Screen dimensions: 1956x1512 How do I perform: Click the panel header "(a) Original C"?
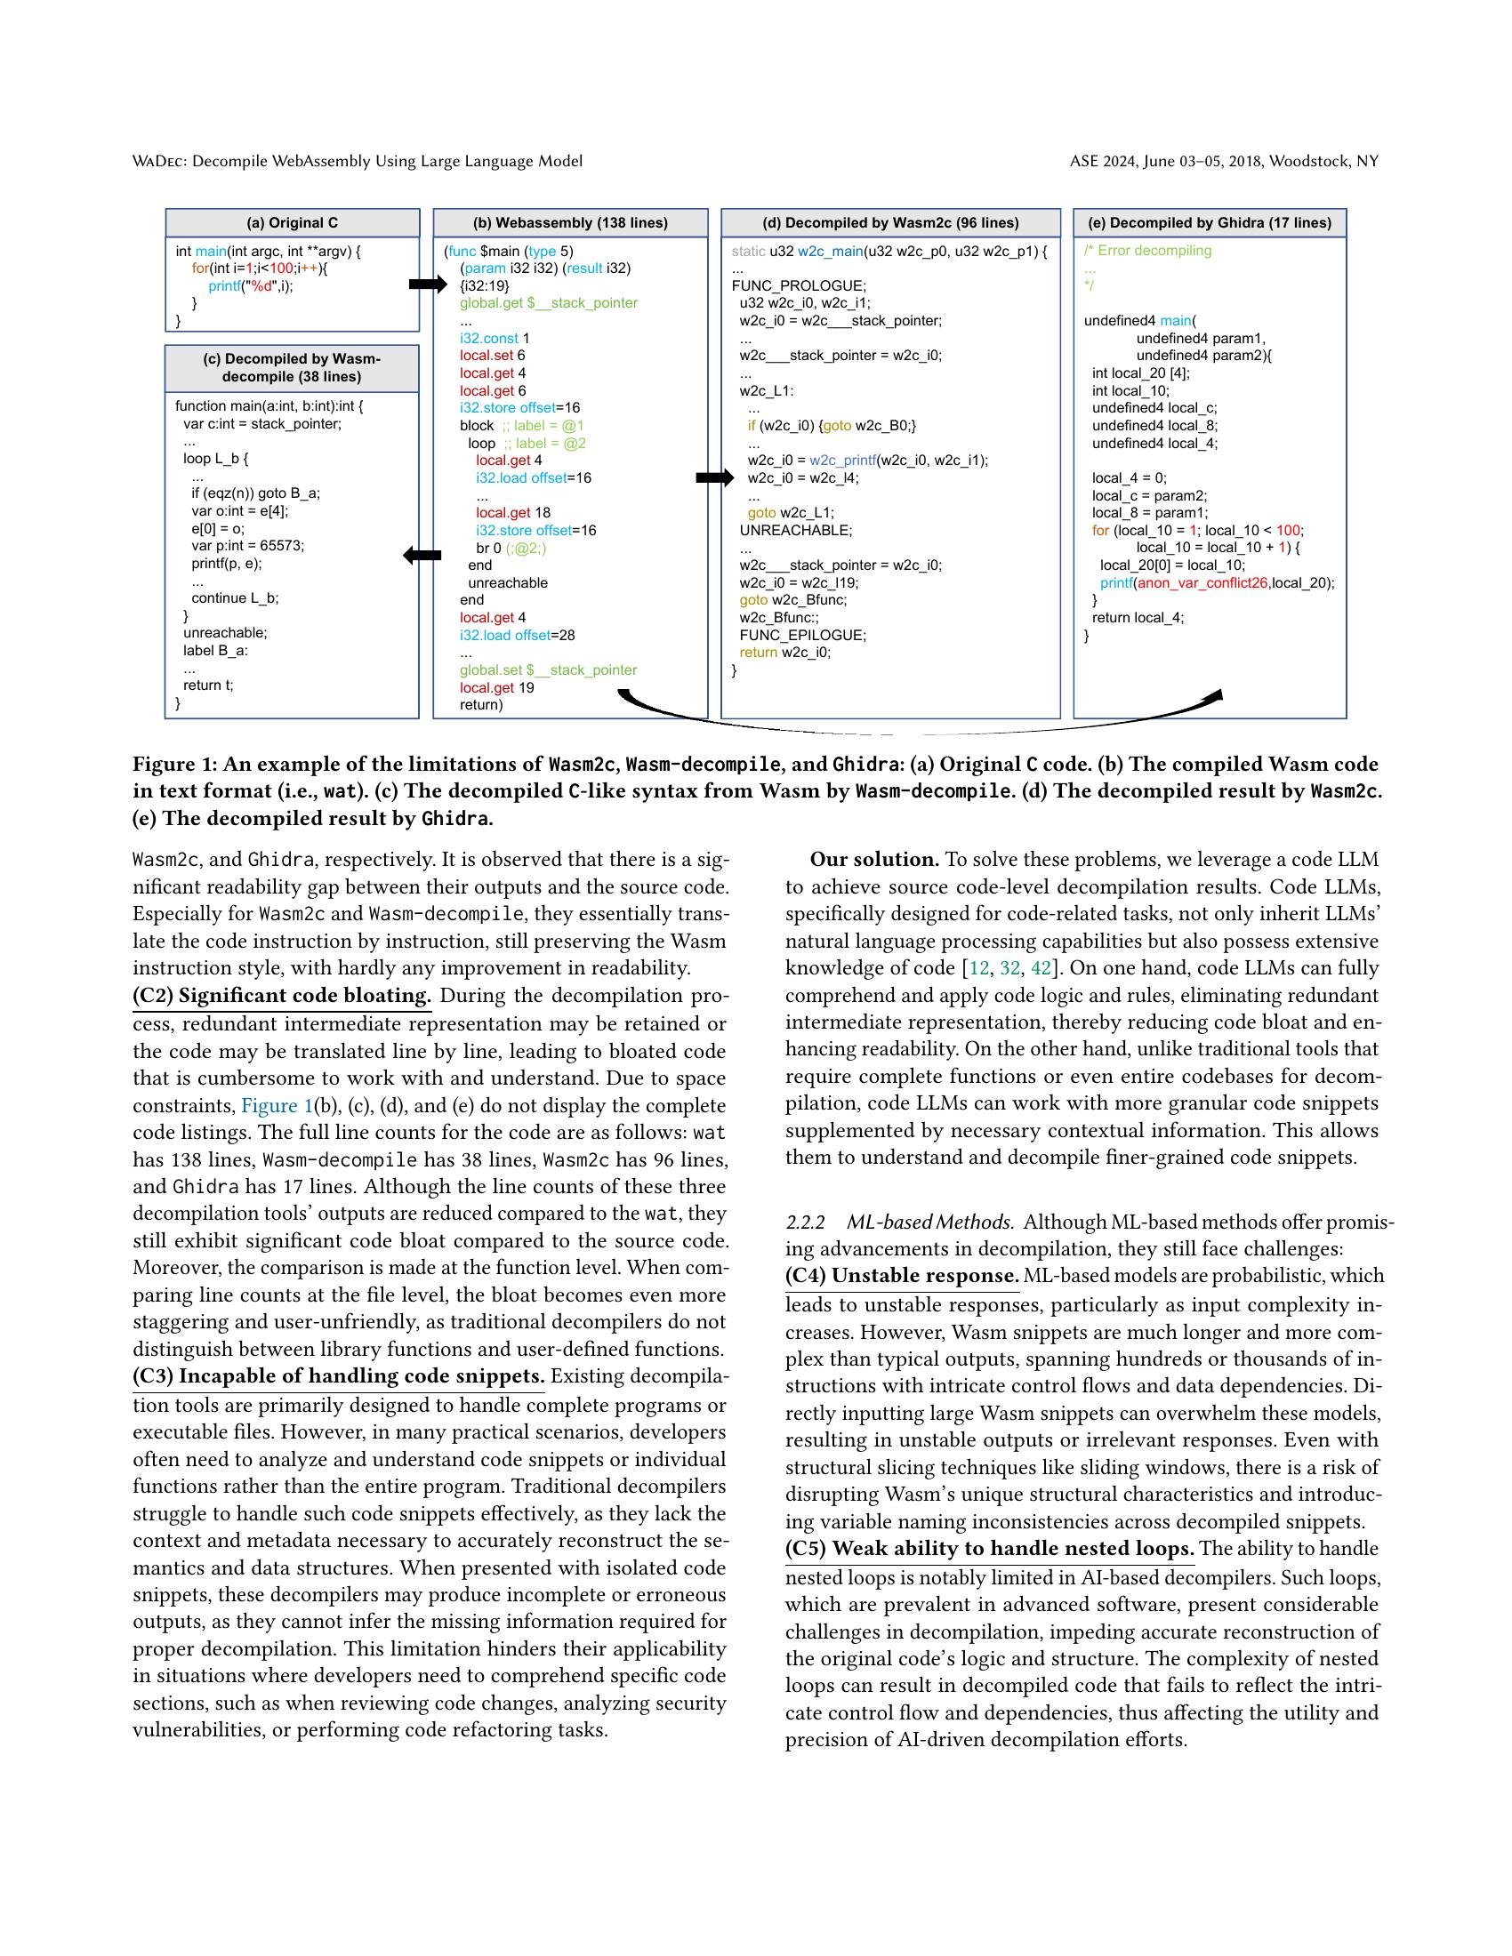click(x=292, y=223)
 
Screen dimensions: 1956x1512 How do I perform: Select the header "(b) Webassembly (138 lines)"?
click(x=570, y=223)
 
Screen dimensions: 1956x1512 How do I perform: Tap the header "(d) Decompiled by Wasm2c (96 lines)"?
click(x=890, y=223)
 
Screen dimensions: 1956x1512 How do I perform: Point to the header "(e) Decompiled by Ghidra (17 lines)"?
click(x=1210, y=223)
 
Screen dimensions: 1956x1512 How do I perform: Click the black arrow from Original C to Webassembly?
click(x=427, y=285)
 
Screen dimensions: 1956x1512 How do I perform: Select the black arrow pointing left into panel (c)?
click(x=422, y=556)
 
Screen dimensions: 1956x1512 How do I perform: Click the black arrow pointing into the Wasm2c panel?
click(x=715, y=478)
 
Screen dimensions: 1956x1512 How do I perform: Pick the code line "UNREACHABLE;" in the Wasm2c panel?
click(x=795, y=530)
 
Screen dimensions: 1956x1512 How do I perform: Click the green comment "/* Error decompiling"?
click(x=1147, y=251)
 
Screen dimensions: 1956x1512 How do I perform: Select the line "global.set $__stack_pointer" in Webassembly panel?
click(x=548, y=669)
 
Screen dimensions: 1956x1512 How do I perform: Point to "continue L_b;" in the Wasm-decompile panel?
click(x=235, y=598)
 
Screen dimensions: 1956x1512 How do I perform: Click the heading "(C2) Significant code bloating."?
click(x=282, y=996)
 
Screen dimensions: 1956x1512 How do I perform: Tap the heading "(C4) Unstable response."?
click(x=902, y=1275)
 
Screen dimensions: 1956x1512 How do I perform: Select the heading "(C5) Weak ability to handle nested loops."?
click(x=990, y=1549)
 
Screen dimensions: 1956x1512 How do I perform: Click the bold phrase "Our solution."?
click(x=874, y=860)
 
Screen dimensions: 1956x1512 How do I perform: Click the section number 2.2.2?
click(x=804, y=1222)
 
